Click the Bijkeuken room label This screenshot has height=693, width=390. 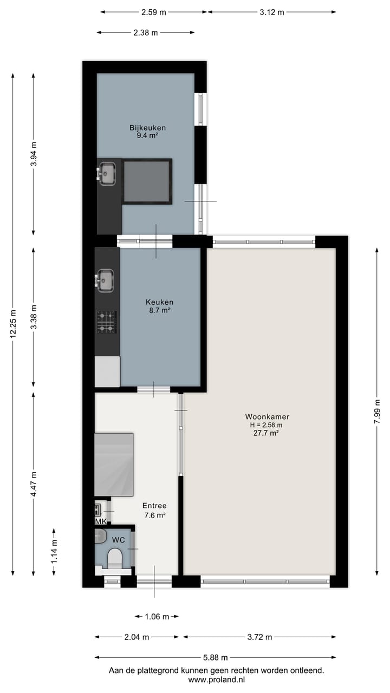[x=147, y=128]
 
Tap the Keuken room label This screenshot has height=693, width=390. [x=159, y=302]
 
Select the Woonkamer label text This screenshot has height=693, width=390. [x=267, y=417]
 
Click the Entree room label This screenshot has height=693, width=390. [x=154, y=506]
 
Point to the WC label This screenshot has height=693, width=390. [x=118, y=540]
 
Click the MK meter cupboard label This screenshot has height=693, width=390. [x=101, y=521]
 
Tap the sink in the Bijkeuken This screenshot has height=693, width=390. [x=107, y=173]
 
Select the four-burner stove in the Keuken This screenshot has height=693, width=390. [x=107, y=322]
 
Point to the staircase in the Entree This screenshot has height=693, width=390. [x=114, y=465]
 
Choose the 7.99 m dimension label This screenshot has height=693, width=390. [x=378, y=411]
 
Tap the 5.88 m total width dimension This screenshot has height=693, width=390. [x=215, y=657]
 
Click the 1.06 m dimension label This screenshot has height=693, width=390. [x=157, y=616]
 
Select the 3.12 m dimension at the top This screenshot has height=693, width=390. [x=272, y=12]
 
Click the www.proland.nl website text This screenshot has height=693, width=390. [x=217, y=679]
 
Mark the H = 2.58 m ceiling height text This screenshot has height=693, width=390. [x=267, y=425]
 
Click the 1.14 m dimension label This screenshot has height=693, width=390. [x=54, y=552]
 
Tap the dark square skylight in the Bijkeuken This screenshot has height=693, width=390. [x=147, y=181]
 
